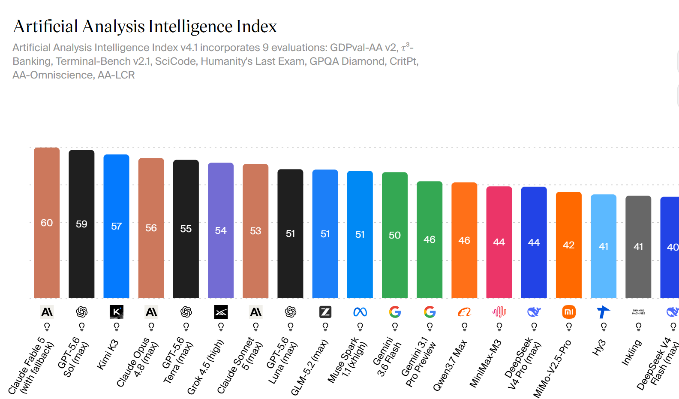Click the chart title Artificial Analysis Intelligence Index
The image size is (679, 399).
click(145, 26)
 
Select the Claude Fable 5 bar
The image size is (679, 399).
click(47, 223)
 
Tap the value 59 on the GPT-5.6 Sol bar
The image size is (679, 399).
click(81, 224)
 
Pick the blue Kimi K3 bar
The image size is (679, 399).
click(117, 227)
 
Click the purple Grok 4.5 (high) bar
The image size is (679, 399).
click(221, 230)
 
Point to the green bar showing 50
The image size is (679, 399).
click(395, 235)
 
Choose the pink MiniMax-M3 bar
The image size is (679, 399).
click(499, 242)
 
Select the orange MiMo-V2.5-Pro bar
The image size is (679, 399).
click(569, 245)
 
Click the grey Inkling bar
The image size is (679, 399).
click(638, 247)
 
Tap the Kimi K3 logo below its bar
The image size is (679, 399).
click(117, 312)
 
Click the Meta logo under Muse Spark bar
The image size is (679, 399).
click(360, 312)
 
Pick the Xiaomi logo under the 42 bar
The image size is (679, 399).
click(569, 312)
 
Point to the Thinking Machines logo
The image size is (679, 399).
click(638, 312)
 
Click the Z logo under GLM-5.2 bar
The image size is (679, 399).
click(325, 312)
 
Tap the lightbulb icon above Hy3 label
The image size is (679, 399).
click(604, 327)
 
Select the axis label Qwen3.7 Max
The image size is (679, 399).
click(450, 365)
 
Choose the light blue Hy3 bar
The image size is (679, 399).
click(604, 246)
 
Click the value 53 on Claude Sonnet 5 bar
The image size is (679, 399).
click(255, 231)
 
